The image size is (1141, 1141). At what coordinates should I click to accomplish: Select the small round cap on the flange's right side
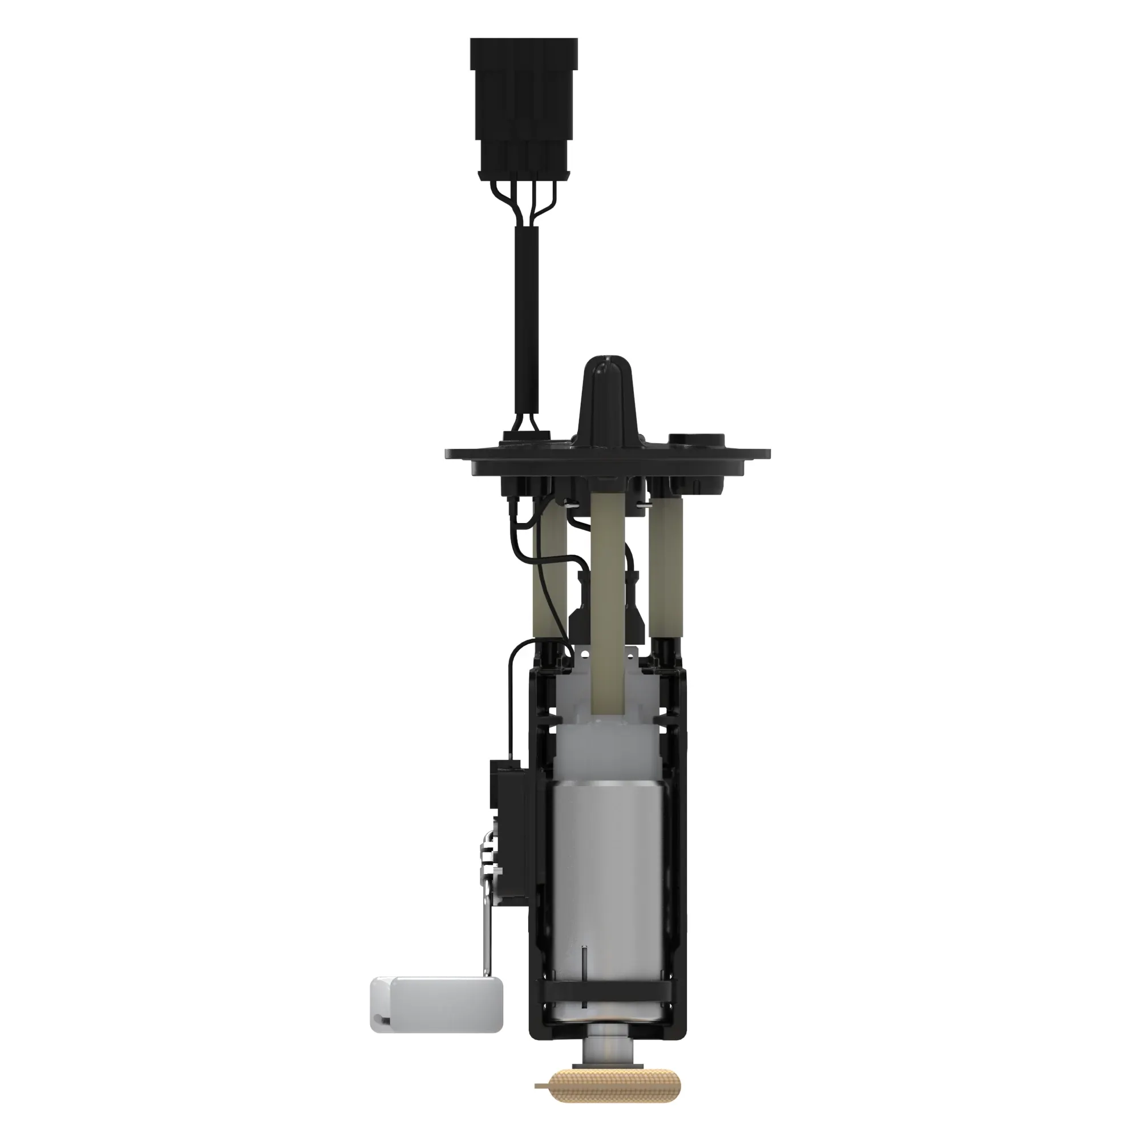[695, 440]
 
